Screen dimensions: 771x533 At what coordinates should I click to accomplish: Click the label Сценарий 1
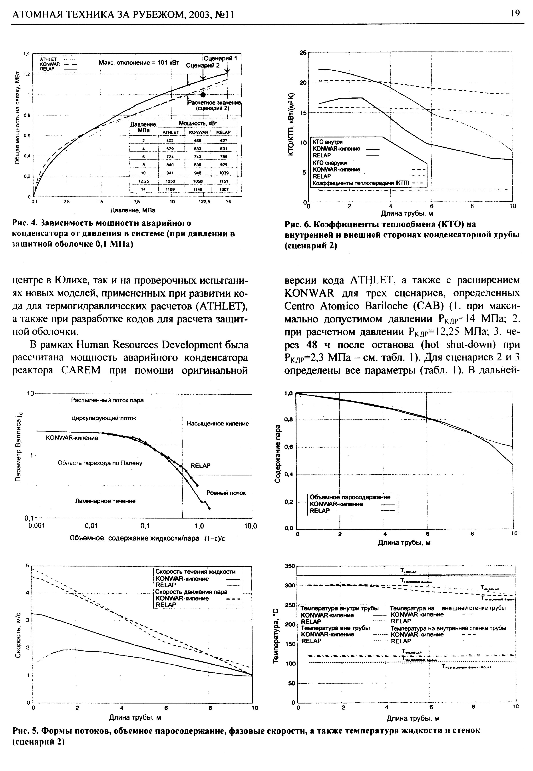(x=221, y=58)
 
